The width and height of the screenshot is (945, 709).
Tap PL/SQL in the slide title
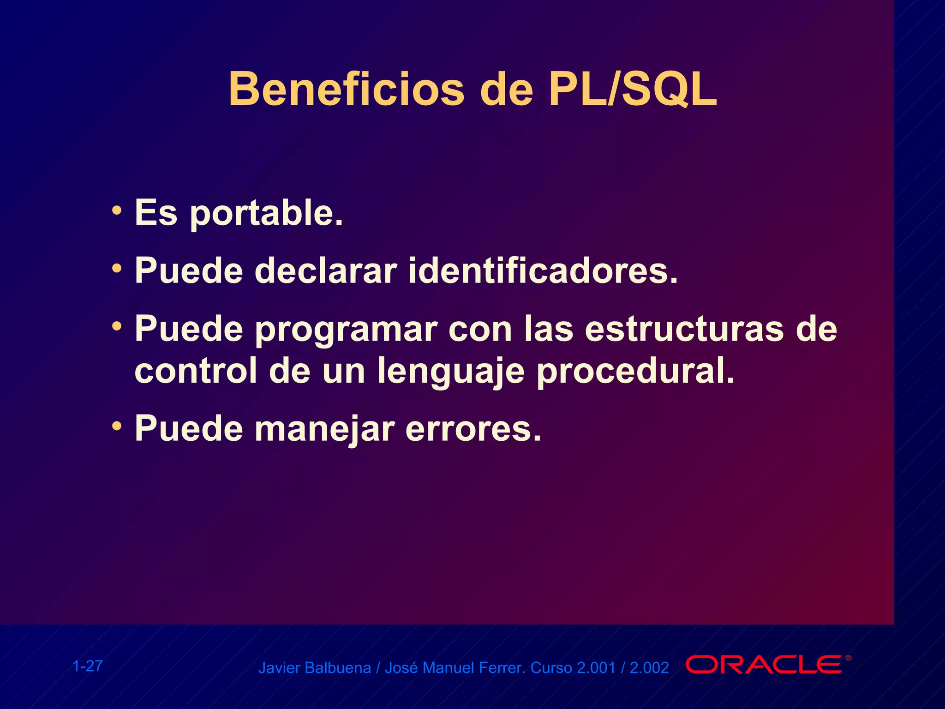click(632, 89)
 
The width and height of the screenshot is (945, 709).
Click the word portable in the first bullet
click(266, 213)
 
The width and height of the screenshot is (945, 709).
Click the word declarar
click(326, 271)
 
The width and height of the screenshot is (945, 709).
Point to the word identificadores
click(543, 271)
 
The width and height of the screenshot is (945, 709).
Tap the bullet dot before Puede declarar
click(117, 268)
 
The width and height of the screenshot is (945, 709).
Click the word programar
click(346, 329)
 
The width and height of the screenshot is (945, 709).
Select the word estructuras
click(684, 329)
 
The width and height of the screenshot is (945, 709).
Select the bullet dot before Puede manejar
click(117, 426)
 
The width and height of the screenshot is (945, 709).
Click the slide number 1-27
click(88, 666)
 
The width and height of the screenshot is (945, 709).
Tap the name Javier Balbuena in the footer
click(314, 668)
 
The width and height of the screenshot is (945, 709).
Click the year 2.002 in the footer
click(649, 668)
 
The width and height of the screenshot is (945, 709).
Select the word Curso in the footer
click(551, 668)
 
